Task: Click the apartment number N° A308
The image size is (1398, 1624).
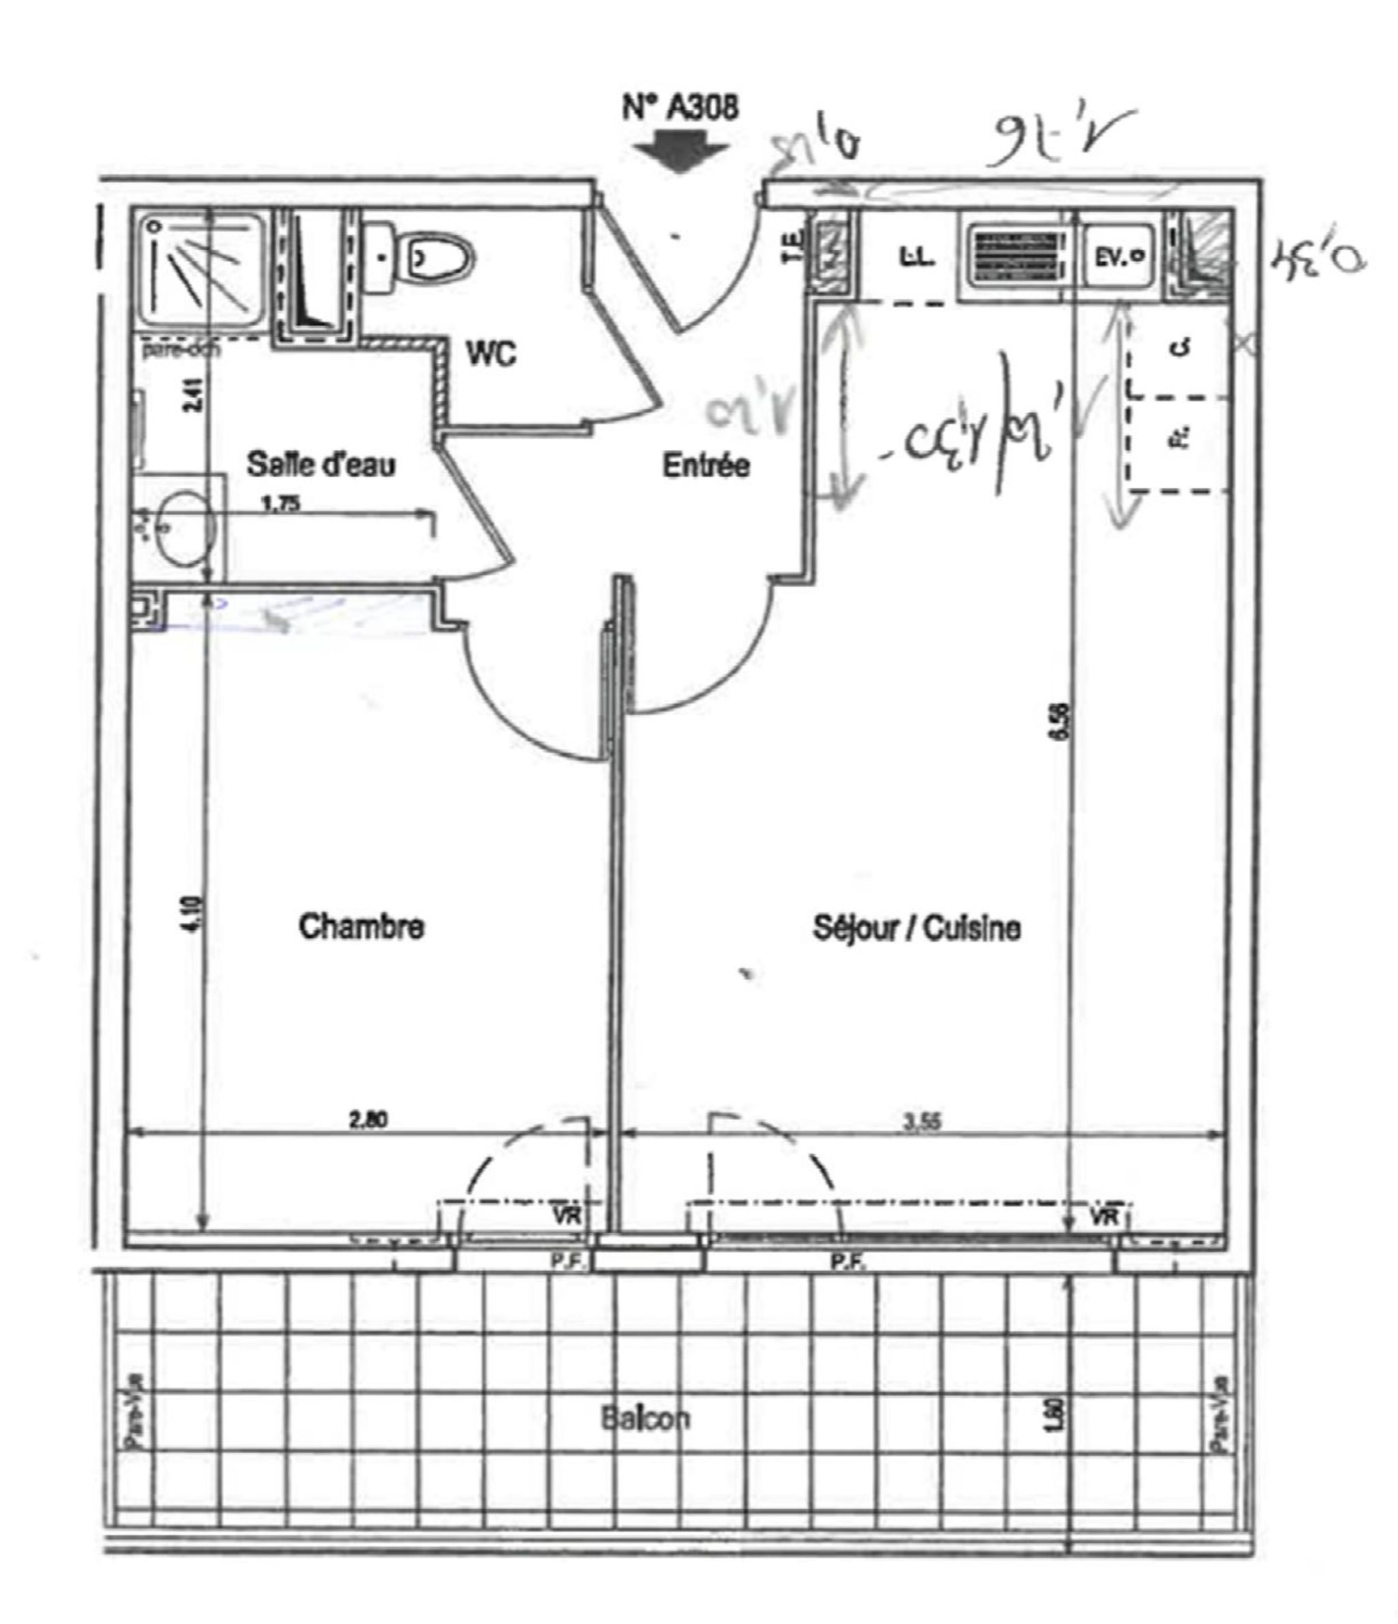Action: pos(680,107)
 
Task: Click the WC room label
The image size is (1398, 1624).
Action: pos(491,354)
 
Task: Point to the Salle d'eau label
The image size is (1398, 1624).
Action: pos(321,464)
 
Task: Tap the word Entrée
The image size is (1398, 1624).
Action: pos(706,465)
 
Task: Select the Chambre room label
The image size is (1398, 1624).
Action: pos(362,927)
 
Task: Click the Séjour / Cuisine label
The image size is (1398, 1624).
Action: pos(917,928)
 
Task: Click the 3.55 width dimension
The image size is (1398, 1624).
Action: pos(922,1122)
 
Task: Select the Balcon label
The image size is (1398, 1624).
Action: pos(645,1418)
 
